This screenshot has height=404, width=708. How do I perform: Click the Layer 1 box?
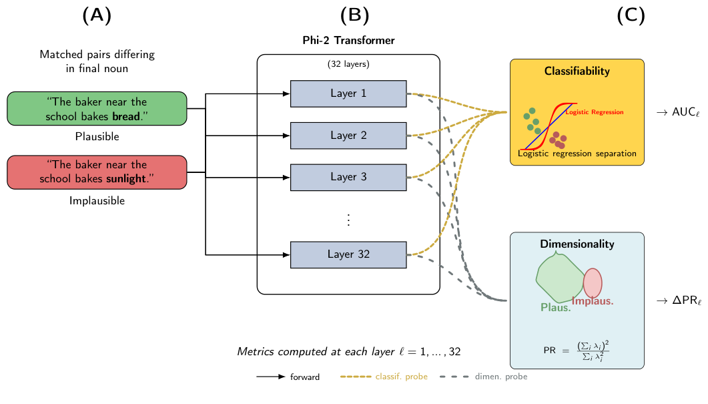coord(348,93)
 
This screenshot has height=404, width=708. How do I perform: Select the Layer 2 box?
coord(348,136)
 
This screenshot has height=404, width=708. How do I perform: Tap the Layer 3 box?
coord(348,177)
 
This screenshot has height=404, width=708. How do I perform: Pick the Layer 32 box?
coord(348,254)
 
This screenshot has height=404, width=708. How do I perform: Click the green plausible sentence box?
coord(97,109)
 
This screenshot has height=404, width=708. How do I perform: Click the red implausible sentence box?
coord(97,172)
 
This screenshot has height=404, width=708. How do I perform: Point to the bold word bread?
coord(127,117)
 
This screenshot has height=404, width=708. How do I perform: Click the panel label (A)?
coord(97,16)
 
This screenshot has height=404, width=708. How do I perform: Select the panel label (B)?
coord(354,16)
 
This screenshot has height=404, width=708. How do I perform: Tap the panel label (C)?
coord(631,16)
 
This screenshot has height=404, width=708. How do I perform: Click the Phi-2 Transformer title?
coord(348,41)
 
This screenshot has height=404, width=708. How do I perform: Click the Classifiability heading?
coord(577,71)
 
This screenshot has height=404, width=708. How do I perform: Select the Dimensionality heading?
coord(577,244)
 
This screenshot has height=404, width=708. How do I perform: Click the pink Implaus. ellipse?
coord(593,282)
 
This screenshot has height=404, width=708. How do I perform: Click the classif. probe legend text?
coord(401,377)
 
